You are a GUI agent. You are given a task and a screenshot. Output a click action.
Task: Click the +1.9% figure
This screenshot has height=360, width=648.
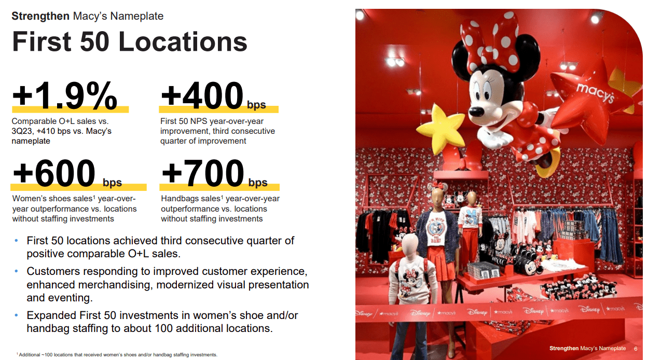[64, 96]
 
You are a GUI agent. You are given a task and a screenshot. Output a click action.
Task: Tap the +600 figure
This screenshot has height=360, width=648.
[54, 173]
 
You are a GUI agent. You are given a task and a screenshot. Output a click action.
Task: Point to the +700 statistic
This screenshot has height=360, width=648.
[203, 173]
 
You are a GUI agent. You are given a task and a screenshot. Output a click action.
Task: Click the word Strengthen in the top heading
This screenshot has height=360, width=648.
[40, 16]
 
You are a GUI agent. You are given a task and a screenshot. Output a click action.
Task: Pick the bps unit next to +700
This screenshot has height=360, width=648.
[258, 183]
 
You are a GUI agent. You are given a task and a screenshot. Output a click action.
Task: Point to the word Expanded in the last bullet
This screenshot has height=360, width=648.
[51, 315]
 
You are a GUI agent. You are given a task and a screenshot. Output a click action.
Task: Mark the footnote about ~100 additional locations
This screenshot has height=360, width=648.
[117, 355]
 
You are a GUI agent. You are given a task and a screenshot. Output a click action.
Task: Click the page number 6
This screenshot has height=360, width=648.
[636, 349]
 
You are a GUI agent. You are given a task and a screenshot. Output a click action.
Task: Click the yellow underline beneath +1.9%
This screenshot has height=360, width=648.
[70, 109]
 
